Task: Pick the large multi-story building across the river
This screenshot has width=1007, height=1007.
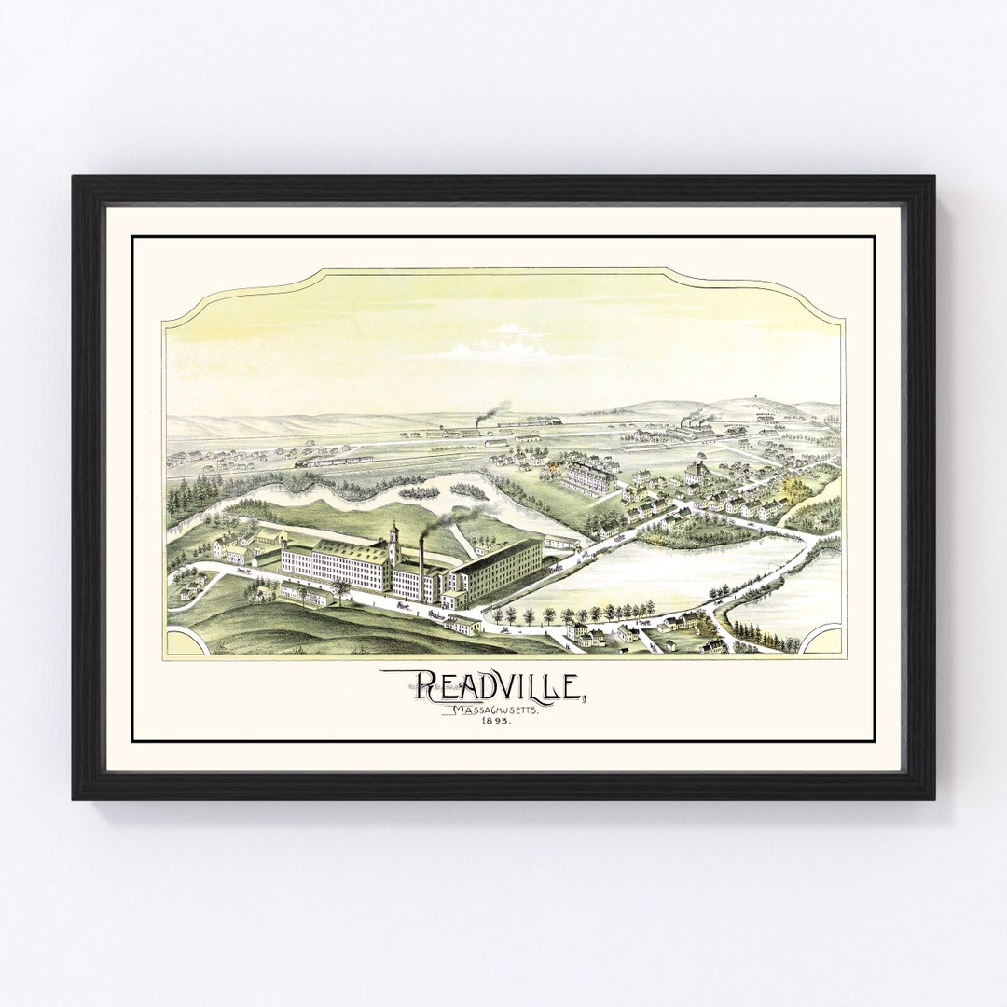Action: coord(587,477)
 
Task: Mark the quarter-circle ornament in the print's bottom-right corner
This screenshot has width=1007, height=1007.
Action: coord(824,641)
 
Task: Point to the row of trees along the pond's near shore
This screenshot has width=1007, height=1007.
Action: coord(569,613)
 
